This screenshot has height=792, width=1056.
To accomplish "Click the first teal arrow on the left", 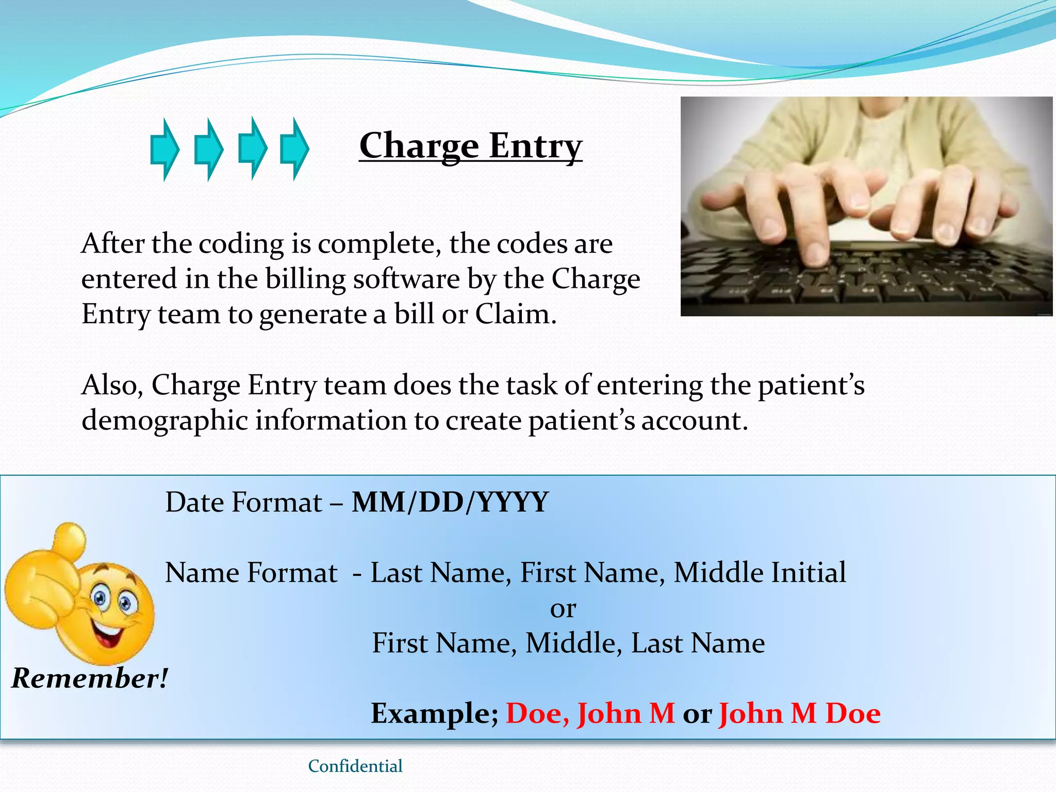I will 164,150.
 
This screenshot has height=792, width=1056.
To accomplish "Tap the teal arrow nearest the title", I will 294,149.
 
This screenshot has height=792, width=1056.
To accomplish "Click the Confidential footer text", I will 355,766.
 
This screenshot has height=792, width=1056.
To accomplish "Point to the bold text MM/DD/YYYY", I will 450,502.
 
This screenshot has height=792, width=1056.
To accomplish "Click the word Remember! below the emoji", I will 90,678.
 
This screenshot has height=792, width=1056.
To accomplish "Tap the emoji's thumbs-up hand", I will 46,577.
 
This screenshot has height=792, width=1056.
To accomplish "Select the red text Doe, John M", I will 590,714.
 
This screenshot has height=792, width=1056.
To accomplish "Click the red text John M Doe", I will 799,714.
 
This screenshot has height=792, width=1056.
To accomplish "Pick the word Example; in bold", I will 434,714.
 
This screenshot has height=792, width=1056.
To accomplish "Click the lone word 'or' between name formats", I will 563,608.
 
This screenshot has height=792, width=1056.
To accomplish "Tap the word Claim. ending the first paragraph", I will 516,314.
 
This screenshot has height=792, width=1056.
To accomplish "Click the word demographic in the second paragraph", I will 164,420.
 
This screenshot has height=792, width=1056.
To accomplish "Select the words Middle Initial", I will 760,572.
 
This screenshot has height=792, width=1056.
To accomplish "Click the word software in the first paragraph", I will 406,279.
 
